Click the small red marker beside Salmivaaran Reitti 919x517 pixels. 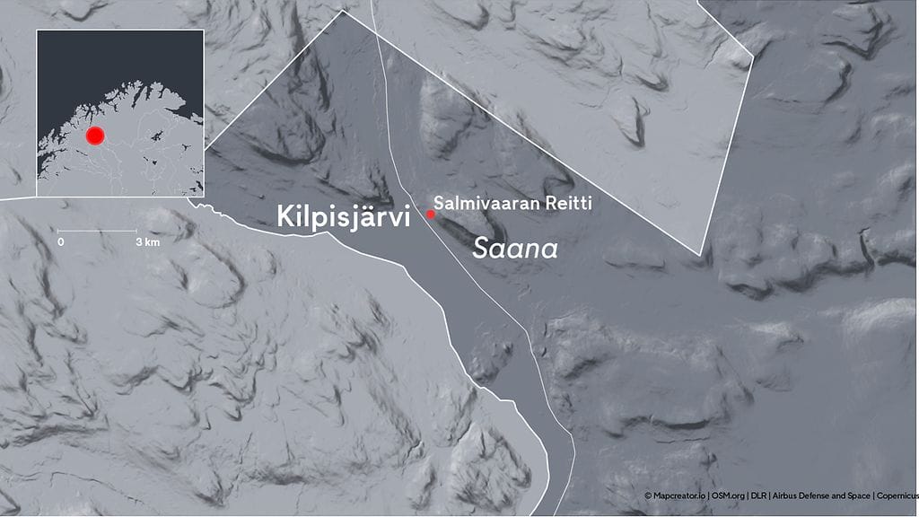coord(431,214)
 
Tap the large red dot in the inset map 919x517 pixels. coord(95,136)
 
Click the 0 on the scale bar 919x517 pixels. coord(61,242)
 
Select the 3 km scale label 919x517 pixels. coord(147,242)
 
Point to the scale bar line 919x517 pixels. coord(99,231)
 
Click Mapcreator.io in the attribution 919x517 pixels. coord(679,495)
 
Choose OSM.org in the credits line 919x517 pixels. coord(729,495)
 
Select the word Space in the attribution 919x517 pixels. coord(857,495)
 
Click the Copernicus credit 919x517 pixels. coord(896,495)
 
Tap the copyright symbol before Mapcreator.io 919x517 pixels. coord(648,495)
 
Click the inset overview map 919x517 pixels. coord(120,112)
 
